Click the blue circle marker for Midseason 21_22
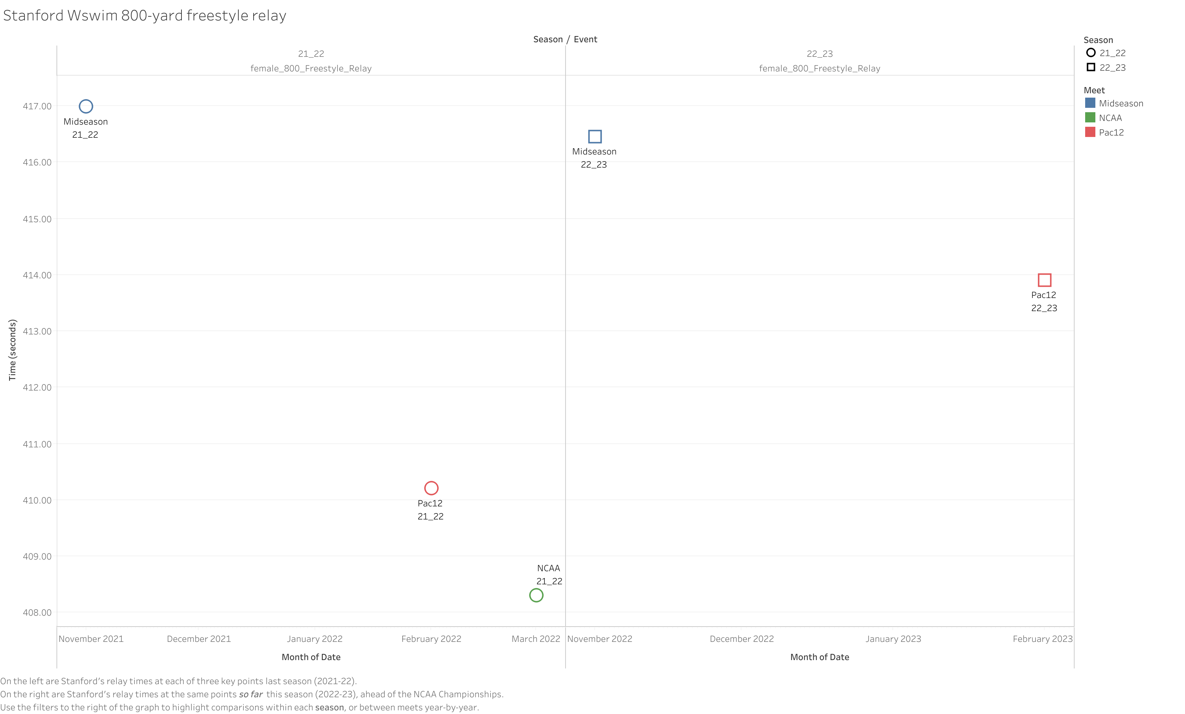coord(86,106)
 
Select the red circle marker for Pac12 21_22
coord(431,488)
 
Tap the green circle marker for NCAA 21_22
coord(536,595)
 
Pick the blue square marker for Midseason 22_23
coord(595,137)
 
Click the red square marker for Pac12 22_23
coord(1044,280)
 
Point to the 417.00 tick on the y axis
coord(37,106)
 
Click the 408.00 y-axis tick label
coord(37,613)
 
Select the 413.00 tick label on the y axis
coord(37,331)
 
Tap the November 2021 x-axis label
coord(91,639)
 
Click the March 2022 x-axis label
coord(536,639)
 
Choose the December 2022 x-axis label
coord(742,639)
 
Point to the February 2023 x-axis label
coord(1042,639)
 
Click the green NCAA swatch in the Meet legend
coord(1090,118)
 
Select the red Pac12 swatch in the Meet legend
coord(1090,132)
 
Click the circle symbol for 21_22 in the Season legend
coord(1091,53)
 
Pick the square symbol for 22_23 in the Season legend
coord(1091,67)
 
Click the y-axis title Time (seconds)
coord(12,350)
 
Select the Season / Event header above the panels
coord(565,39)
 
